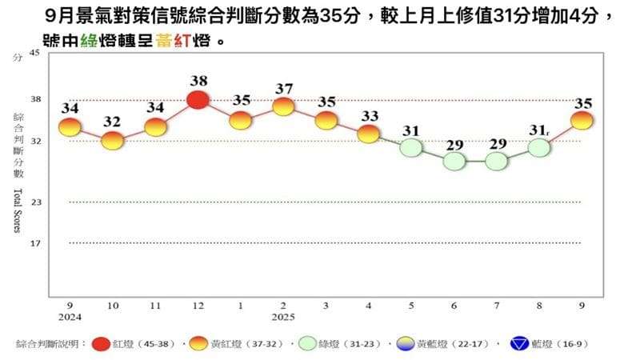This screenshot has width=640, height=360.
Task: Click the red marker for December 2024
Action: tap(198, 99)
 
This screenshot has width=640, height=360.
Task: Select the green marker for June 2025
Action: tap(454, 161)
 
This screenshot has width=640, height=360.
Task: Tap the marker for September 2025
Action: tap(582, 120)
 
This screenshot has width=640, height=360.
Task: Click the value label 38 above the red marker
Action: tap(199, 81)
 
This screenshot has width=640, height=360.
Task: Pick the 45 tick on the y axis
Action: tap(34, 53)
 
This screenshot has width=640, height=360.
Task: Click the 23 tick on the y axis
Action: tap(34, 202)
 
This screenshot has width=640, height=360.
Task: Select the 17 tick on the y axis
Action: tap(34, 242)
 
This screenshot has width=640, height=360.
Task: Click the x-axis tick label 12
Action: tap(198, 306)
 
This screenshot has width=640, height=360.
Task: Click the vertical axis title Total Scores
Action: tap(17, 211)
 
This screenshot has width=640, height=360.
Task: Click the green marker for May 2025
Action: tap(411, 147)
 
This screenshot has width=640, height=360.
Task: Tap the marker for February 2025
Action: tap(283, 106)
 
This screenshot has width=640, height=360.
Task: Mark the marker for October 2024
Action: tap(113, 140)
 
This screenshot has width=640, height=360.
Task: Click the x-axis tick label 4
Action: tap(369, 306)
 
